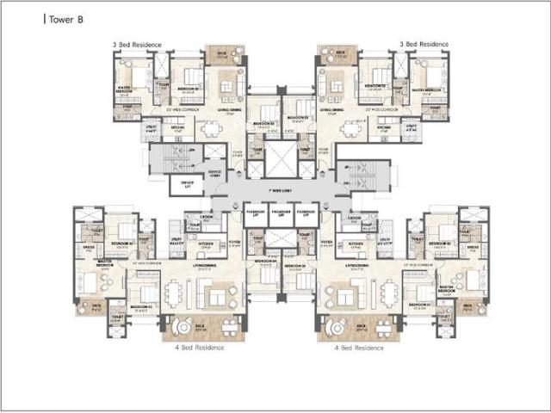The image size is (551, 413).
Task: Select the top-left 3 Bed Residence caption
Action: [x=135, y=43]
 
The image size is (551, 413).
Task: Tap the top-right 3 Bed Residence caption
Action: [x=424, y=43]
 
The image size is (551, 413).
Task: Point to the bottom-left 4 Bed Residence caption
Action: [x=200, y=348]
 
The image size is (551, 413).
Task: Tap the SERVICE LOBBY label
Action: [x=216, y=173]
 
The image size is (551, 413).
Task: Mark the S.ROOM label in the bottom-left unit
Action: [x=207, y=217]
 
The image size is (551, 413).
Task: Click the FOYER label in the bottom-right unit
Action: [x=326, y=243]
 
